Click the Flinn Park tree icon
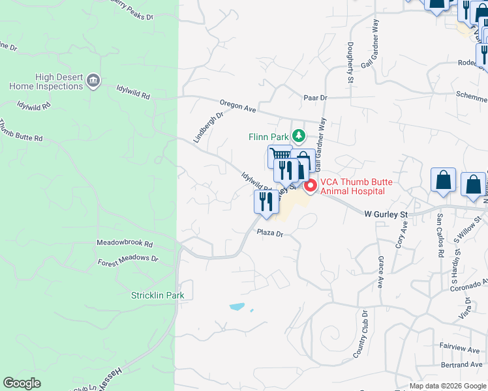[299, 136]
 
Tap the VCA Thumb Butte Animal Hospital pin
[311, 186]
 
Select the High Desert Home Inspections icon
[93, 80]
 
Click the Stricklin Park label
[157, 295]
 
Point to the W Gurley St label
[386, 213]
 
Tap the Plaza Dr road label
[269, 233]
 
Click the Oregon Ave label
[237, 106]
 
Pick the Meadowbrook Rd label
[124, 244]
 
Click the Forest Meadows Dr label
[128, 259]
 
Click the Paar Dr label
[314, 97]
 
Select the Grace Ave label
[380, 272]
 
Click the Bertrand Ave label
[465, 364]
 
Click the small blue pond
[237, 306]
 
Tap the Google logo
[22, 383]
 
